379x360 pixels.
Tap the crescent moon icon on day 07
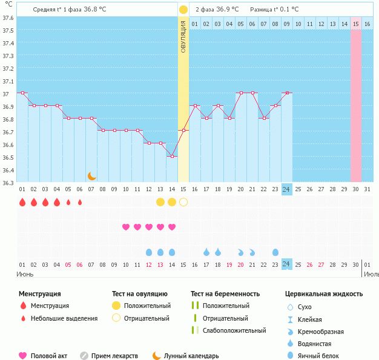(91, 176)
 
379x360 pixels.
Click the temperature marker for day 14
(172, 156)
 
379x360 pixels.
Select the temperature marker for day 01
(22, 93)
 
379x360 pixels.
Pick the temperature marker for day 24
(286, 93)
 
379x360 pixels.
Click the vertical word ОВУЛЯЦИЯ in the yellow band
(183, 36)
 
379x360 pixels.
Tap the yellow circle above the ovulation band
(183, 10)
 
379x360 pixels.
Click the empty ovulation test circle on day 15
(183, 202)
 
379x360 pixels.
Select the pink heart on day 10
(126, 227)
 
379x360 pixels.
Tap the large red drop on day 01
(22, 202)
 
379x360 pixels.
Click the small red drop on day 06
(80, 202)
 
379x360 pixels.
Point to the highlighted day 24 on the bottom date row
(286, 264)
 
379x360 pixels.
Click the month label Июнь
(25, 274)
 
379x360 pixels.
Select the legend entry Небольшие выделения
(64, 318)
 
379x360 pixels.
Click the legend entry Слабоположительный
(234, 330)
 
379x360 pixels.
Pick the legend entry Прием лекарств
(114, 356)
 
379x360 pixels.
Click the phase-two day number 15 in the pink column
(356, 24)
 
